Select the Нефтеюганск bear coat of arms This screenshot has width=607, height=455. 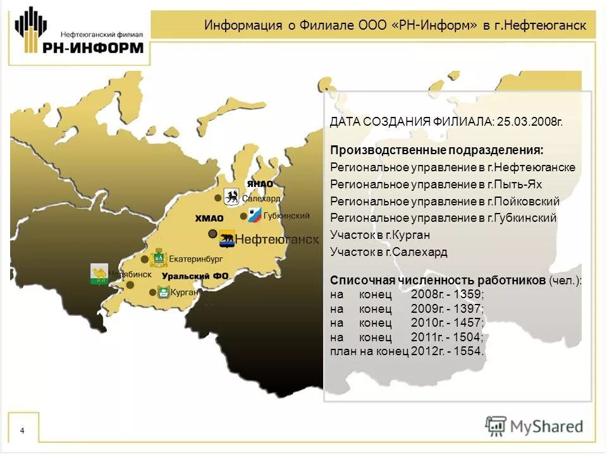[x=228, y=239]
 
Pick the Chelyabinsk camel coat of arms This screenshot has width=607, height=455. [x=99, y=273]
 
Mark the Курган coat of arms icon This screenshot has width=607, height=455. [x=164, y=292]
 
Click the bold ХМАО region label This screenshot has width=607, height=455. [x=209, y=218]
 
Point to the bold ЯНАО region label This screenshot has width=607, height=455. [x=260, y=184]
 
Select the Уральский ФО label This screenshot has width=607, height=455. [x=195, y=276]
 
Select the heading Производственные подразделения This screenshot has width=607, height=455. [x=436, y=150]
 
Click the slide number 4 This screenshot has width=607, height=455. [x=23, y=431]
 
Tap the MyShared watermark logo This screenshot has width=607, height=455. [x=534, y=427]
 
